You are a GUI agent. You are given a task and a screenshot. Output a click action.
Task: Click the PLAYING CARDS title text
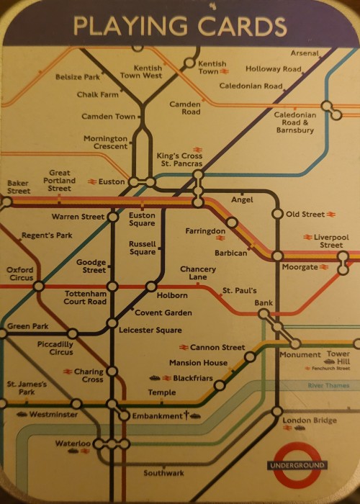coord(180,26)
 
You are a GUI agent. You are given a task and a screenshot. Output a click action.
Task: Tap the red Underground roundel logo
coord(297,465)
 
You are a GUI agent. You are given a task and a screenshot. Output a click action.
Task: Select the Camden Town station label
coord(108,117)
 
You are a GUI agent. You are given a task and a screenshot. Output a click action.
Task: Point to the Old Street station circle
coord(277,214)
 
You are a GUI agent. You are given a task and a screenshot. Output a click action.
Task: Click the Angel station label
coord(242,199)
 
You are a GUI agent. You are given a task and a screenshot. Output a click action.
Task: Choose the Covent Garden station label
coord(163,313)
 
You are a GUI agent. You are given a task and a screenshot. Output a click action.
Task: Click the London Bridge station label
coord(309,420)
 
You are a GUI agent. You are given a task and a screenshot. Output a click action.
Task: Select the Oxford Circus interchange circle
coord(40,286)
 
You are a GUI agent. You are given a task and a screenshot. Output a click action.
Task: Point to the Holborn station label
coord(172,296)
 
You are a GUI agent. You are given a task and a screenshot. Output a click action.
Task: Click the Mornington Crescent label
coord(105,143)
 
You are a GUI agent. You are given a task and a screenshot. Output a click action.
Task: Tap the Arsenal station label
coord(305,53)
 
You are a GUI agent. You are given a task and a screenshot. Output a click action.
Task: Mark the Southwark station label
coord(163,473)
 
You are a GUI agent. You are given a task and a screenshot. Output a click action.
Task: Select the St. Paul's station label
coord(239,291)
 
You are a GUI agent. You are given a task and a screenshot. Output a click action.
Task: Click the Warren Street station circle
coord(112,217)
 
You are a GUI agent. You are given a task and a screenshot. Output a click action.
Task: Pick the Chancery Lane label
coord(197,273)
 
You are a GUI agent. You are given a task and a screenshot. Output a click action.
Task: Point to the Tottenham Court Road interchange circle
coord(112,286)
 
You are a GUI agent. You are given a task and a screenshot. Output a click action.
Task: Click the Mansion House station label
coord(198,363)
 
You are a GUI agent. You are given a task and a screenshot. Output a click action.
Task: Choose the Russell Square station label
coord(142,248)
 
